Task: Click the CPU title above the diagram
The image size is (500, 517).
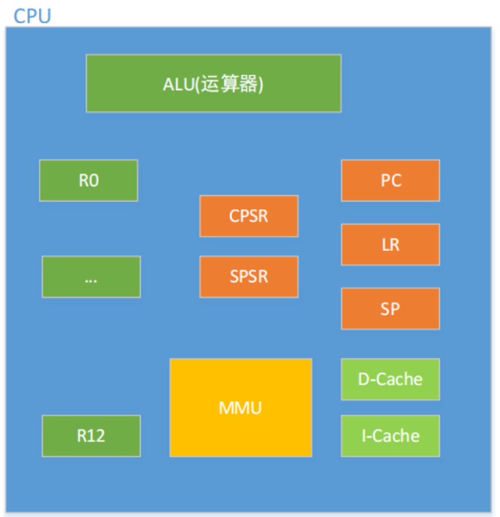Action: click(x=32, y=16)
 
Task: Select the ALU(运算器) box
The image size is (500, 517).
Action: click(x=214, y=83)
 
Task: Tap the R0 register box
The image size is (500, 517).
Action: click(x=89, y=180)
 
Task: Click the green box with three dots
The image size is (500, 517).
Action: click(x=91, y=276)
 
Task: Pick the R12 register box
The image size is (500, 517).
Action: click(x=91, y=436)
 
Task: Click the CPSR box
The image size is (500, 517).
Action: click(x=249, y=216)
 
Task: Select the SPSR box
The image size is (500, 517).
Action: click(x=249, y=276)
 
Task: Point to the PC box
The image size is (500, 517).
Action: click(x=390, y=180)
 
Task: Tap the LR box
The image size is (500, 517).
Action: click(x=390, y=244)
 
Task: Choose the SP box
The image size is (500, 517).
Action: click(x=390, y=308)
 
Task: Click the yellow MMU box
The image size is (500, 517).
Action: click(x=241, y=408)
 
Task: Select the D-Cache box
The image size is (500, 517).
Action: click(x=390, y=379)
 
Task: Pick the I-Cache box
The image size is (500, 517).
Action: click(x=390, y=436)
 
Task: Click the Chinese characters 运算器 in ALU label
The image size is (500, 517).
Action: click(x=230, y=84)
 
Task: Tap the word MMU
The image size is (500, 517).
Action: click(x=240, y=408)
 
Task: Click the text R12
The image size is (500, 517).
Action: click(x=91, y=436)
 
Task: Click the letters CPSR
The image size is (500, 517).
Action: click(x=249, y=216)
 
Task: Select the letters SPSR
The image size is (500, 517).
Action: click(x=249, y=276)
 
